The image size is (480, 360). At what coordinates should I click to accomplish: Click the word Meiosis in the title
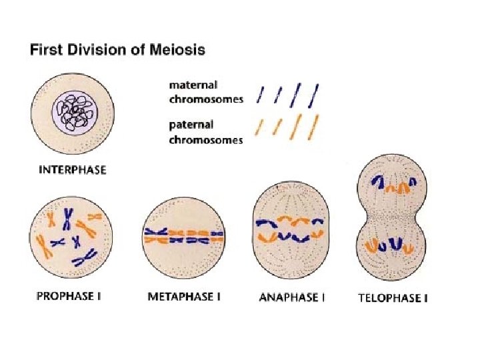(x=181, y=50)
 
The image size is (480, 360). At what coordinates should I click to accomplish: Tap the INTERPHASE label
(x=72, y=170)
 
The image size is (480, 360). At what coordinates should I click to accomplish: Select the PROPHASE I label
(x=67, y=296)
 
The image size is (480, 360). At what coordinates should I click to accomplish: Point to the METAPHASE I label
(x=183, y=297)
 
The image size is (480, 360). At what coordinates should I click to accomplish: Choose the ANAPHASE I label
(x=291, y=297)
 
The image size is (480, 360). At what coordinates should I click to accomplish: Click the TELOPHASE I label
(x=393, y=297)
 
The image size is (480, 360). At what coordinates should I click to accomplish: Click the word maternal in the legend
(x=193, y=85)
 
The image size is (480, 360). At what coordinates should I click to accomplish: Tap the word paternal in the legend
(x=191, y=125)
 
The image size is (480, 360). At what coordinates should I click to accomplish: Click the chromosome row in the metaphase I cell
(x=183, y=235)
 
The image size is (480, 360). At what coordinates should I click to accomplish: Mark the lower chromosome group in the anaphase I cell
(x=290, y=236)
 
